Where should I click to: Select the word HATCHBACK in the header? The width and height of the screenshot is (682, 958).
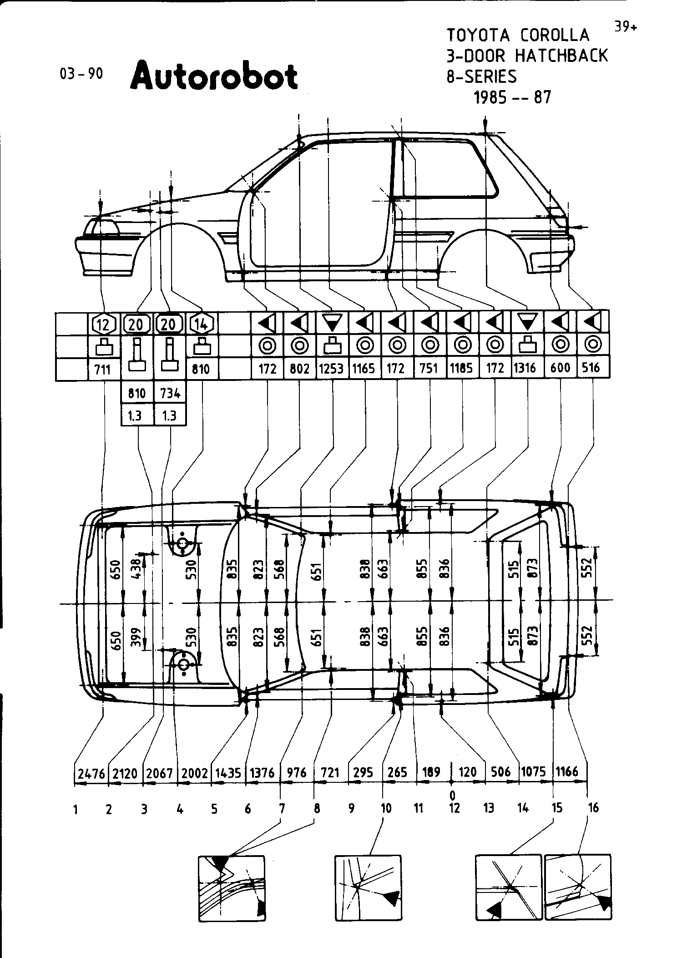(x=561, y=56)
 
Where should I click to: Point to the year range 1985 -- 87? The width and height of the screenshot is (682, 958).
(x=512, y=97)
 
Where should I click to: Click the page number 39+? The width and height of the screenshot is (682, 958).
(x=626, y=27)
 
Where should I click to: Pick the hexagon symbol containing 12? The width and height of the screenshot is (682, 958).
(x=104, y=324)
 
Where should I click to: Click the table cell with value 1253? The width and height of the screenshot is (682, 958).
(x=331, y=368)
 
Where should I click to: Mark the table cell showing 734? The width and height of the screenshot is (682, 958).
(x=170, y=393)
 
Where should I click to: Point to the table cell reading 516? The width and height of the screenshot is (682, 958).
(x=591, y=368)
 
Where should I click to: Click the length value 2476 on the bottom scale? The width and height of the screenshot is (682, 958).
(x=91, y=773)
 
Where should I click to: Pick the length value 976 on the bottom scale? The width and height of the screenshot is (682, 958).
(x=296, y=773)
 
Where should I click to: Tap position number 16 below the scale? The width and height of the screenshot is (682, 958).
(x=593, y=808)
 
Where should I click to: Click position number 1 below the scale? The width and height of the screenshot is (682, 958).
(x=75, y=810)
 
